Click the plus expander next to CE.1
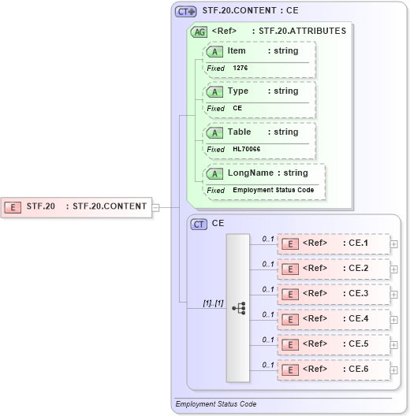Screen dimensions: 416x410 click(394, 244)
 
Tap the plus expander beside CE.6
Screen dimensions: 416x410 click(394, 370)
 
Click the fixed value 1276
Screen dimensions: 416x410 click(240, 69)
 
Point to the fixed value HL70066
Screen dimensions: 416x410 click(247, 150)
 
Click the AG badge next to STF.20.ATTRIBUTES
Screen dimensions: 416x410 click(199, 32)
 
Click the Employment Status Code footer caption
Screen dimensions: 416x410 click(216, 404)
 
